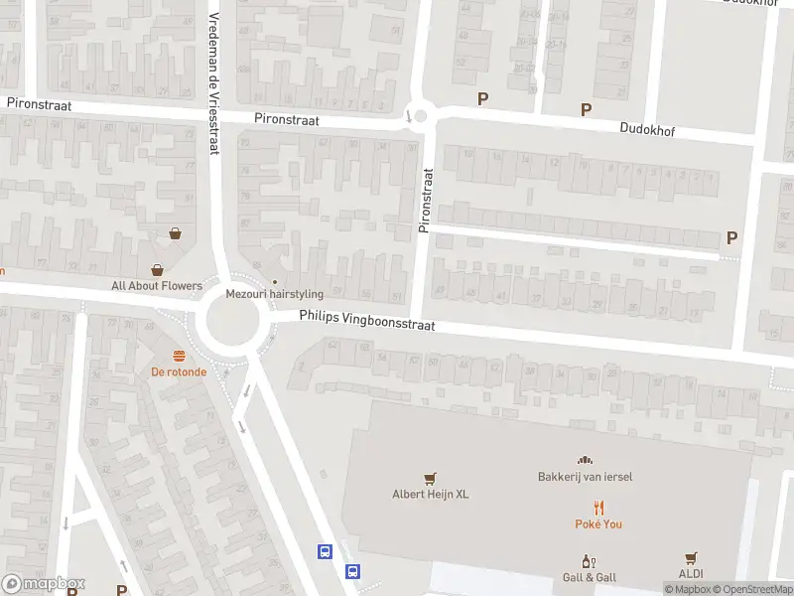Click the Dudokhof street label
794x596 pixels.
(646, 128)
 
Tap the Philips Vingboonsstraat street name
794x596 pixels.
(367, 321)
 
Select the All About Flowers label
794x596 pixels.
(157, 286)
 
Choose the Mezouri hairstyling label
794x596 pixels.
(274, 294)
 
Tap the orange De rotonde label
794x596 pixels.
(179, 372)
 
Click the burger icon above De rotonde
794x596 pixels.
(179, 356)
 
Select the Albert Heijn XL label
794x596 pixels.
(430, 495)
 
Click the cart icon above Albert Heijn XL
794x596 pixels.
(430, 479)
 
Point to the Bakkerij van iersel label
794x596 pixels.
(586, 477)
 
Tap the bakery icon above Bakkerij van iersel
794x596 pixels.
(586, 460)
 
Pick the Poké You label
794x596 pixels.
(598, 523)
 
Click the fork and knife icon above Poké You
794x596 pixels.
(598, 507)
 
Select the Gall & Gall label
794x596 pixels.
(590, 577)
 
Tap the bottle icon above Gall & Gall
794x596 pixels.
(590, 560)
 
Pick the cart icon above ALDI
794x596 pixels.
(691, 559)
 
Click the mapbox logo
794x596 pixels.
(44, 584)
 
